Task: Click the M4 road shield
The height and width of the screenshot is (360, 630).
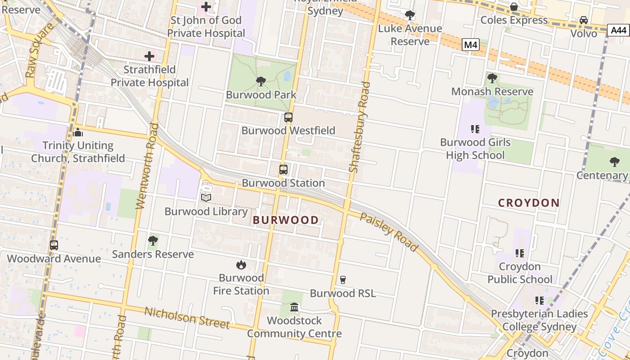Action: pyautogui.click(x=470, y=45)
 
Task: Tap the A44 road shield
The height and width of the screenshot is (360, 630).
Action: pyautogui.click(x=619, y=30)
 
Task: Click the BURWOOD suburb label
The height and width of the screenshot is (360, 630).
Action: pyautogui.click(x=286, y=220)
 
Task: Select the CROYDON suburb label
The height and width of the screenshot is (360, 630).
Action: pyautogui.click(x=529, y=203)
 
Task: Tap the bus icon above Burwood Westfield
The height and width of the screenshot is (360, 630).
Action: pyautogui.click(x=288, y=117)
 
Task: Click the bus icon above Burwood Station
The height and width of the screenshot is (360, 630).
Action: pyautogui.click(x=283, y=170)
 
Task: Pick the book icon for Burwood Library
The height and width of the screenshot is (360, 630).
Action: pyautogui.click(x=206, y=198)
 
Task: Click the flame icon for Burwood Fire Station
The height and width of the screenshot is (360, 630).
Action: pyautogui.click(x=241, y=265)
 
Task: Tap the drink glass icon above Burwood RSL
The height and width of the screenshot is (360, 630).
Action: pyautogui.click(x=342, y=280)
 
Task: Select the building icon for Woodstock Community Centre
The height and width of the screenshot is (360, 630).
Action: pyautogui.click(x=294, y=307)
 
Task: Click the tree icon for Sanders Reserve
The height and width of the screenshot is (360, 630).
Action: pyautogui.click(x=153, y=241)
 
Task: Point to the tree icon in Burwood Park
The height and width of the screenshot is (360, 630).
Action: pyautogui.click(x=261, y=81)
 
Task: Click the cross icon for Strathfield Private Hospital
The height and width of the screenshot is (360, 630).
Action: pyautogui.click(x=149, y=56)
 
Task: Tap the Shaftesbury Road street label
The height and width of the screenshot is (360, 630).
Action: pyautogui.click(x=360, y=127)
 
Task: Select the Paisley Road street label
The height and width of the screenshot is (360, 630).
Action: pyautogui.click(x=389, y=232)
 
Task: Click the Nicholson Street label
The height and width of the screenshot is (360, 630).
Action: pyautogui.click(x=187, y=318)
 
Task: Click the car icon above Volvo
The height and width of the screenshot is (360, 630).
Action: pyautogui.click(x=584, y=20)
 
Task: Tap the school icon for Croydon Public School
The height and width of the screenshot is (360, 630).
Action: pyautogui.click(x=520, y=253)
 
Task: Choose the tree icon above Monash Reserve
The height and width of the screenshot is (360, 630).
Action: pyautogui.click(x=492, y=78)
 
